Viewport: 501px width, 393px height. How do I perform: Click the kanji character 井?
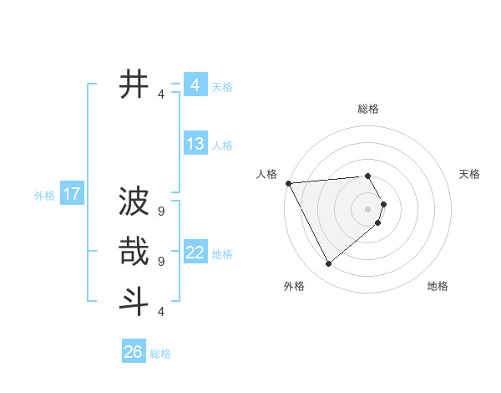[134, 84]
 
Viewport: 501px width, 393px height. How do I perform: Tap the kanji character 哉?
[134, 251]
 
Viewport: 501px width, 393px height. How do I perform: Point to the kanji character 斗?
[134, 300]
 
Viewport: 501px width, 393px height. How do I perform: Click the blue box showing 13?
[195, 143]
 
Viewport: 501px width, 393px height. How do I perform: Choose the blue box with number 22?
[195, 252]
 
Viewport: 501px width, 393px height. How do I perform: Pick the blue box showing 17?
[72, 194]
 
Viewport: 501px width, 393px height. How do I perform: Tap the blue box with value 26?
[134, 351]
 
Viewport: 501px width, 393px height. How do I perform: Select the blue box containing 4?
[195, 84]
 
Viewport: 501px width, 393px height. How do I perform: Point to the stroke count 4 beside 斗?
[161, 311]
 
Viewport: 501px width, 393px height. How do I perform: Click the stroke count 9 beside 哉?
[161, 261]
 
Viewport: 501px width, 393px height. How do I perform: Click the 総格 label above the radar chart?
[368, 109]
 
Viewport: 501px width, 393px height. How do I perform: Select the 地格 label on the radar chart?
[438, 286]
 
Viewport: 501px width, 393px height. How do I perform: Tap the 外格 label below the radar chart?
[294, 286]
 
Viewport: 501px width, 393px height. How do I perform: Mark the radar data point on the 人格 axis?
[288, 182]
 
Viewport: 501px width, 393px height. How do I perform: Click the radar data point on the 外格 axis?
[328, 263]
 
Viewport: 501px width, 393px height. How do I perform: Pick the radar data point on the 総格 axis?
[368, 176]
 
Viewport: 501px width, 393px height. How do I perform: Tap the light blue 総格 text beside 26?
[160, 354]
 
